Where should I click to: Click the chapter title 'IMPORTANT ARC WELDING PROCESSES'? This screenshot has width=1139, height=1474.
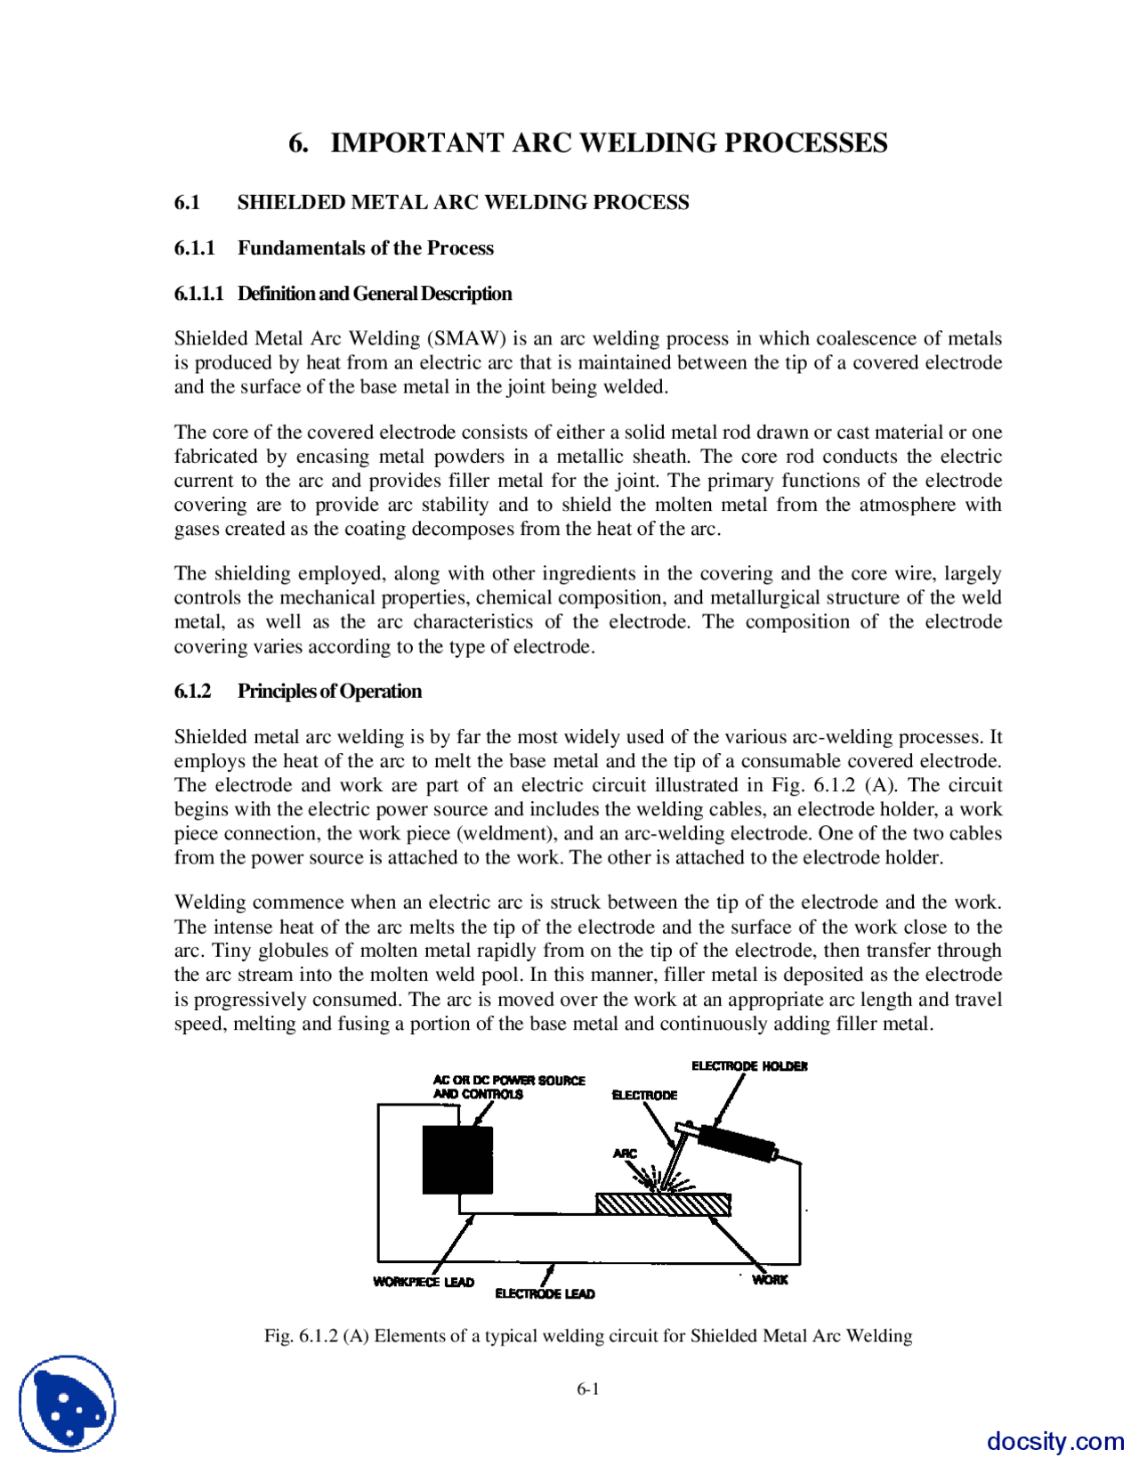pyautogui.click(x=609, y=143)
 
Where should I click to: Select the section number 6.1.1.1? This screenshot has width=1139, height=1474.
pyautogui.click(x=198, y=294)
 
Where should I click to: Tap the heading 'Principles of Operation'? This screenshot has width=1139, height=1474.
pyautogui.click(x=329, y=692)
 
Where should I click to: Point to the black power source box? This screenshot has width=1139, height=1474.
pyautogui.click(x=457, y=1160)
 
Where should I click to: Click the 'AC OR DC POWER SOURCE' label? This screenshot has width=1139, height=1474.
pyautogui.click(x=508, y=1080)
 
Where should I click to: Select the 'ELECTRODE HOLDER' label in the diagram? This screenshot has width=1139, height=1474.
pyautogui.click(x=749, y=1065)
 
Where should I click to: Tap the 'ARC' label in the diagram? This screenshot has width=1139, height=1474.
pyautogui.click(x=625, y=1154)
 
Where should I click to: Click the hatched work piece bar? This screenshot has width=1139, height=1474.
pyautogui.click(x=663, y=1204)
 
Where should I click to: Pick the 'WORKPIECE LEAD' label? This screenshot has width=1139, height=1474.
pyautogui.click(x=424, y=1282)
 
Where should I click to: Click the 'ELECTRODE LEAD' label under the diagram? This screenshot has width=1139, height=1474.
pyautogui.click(x=545, y=1293)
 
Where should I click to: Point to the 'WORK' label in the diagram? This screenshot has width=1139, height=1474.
pyautogui.click(x=770, y=1279)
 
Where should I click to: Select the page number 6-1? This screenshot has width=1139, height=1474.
pyautogui.click(x=587, y=1389)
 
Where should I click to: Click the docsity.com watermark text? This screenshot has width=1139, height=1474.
pyautogui.click(x=1055, y=1441)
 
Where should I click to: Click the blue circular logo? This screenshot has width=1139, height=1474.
pyautogui.click(x=68, y=1404)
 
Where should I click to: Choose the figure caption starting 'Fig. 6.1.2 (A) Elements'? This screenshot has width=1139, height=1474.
pyautogui.click(x=587, y=1336)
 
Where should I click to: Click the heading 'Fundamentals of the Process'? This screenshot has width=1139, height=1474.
pyautogui.click(x=365, y=248)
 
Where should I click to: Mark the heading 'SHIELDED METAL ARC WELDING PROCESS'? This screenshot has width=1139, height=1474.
pyautogui.click(x=463, y=203)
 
